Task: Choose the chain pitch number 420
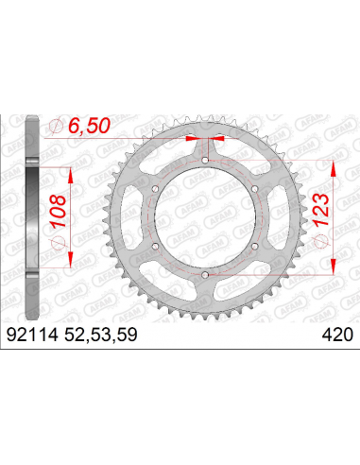pos(336,332)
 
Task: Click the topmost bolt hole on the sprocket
pos(204,162)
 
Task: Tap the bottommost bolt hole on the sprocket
pos(204,274)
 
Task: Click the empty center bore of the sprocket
pos(204,217)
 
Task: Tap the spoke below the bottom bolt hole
pos(204,293)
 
